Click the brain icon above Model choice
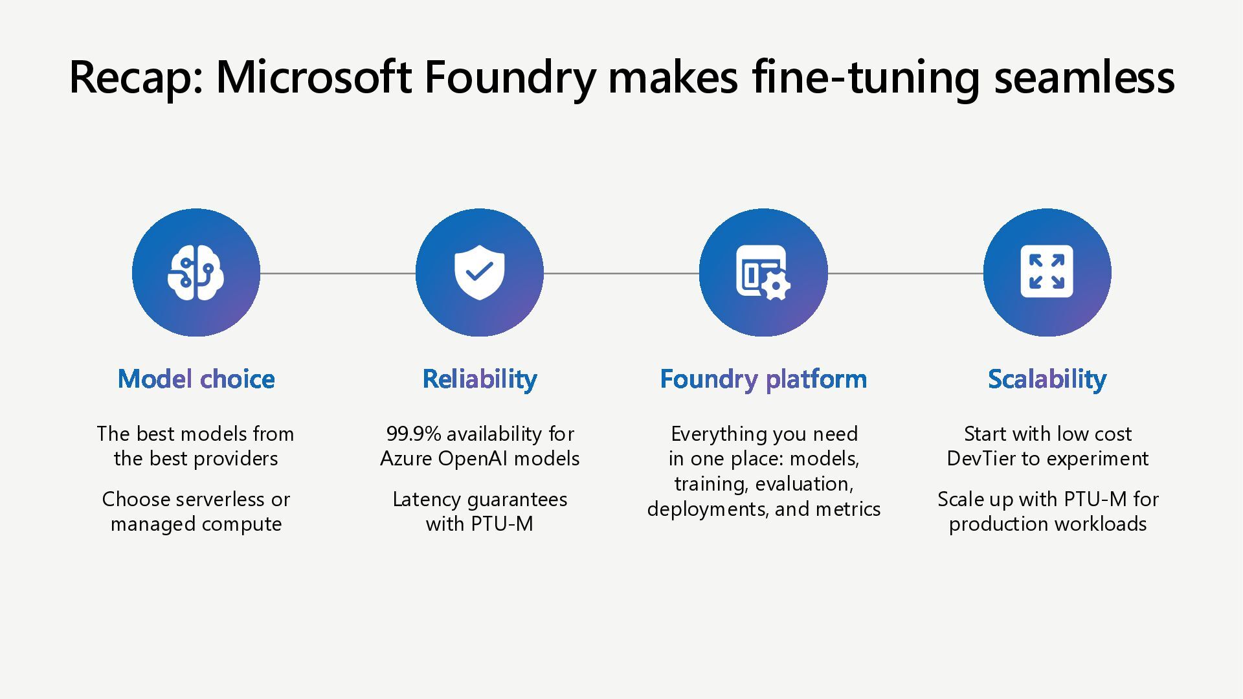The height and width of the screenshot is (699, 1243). pyautogui.click(x=196, y=272)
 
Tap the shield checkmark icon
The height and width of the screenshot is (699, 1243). pyautogui.click(x=479, y=272)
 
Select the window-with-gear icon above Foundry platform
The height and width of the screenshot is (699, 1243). pyautogui.click(x=763, y=272)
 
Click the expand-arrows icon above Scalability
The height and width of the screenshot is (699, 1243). pyautogui.click(x=1047, y=272)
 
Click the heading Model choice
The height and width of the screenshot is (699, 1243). pyautogui.click(x=196, y=379)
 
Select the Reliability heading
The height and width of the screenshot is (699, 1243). pyautogui.click(x=480, y=379)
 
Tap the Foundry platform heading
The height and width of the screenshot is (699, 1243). pyautogui.click(x=763, y=379)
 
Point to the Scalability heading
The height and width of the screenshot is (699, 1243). pyautogui.click(x=1047, y=379)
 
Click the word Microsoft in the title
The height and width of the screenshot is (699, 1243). pyautogui.click(x=313, y=78)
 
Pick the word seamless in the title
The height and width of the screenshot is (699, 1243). pyautogui.click(x=1084, y=78)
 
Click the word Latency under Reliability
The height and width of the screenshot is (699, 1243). pyautogui.click(x=426, y=500)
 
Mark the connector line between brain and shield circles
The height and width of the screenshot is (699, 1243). pyautogui.click(x=337, y=273)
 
